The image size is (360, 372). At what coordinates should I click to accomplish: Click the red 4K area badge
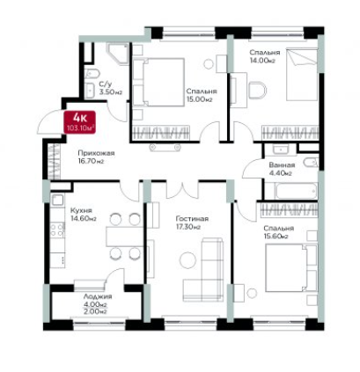click(x=81, y=122)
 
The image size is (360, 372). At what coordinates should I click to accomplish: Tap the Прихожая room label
click(x=96, y=153)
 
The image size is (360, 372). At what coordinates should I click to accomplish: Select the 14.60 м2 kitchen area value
click(x=84, y=218)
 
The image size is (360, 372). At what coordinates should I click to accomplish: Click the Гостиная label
click(x=192, y=219)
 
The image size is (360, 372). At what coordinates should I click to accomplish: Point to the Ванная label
click(x=282, y=165)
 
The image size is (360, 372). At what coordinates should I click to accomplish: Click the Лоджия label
click(x=98, y=296)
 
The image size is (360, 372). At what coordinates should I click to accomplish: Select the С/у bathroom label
click(x=106, y=84)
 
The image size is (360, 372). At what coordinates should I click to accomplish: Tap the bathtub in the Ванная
click(x=296, y=191)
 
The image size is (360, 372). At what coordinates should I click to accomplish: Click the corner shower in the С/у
click(x=118, y=55)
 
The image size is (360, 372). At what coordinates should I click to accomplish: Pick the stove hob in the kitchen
click(x=57, y=230)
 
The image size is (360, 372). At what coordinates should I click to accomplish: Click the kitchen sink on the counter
click(x=57, y=201)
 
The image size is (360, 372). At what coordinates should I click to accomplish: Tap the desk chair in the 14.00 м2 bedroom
click(x=258, y=91)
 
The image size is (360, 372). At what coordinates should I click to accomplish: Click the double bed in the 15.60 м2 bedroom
click(x=290, y=268)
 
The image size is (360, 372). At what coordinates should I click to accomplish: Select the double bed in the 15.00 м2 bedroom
click(x=158, y=82)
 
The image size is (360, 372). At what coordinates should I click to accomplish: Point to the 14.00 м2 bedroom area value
click(x=261, y=61)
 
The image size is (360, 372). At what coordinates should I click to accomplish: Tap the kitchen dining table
click(x=125, y=236)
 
